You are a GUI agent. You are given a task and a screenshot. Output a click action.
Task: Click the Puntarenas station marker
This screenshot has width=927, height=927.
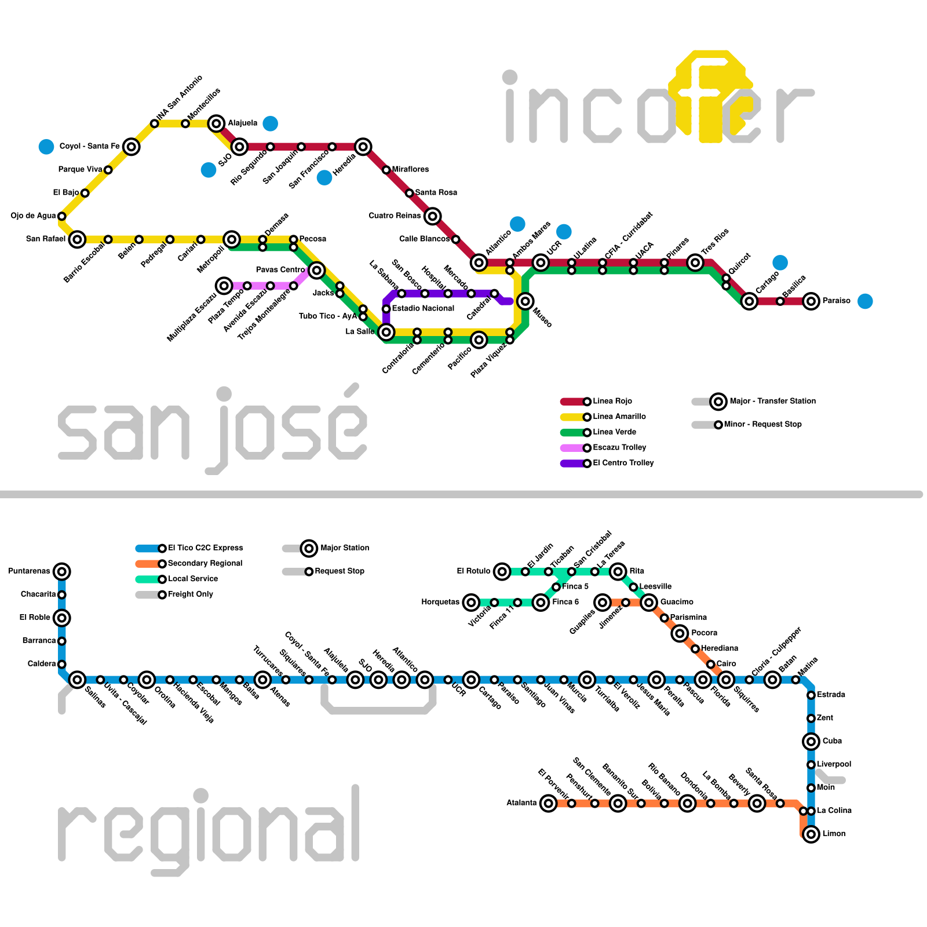[x=62, y=572]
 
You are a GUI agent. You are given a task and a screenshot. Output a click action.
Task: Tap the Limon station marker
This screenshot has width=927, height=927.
[x=811, y=834]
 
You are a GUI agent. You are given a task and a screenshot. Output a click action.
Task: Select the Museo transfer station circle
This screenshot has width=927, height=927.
[x=525, y=301]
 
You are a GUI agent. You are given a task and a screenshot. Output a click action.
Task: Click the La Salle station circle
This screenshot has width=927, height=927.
[x=386, y=332]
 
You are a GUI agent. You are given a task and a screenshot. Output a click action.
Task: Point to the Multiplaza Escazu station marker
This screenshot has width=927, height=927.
[x=224, y=286]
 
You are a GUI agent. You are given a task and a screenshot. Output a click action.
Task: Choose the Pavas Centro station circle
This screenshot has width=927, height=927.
[x=316, y=270]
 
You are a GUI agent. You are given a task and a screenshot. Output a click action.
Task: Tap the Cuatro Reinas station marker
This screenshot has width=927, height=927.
[x=432, y=216]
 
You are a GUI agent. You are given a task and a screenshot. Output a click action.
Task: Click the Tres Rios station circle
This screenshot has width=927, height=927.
[x=695, y=263]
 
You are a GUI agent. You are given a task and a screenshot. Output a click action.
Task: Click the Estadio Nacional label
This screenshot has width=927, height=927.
[x=423, y=309]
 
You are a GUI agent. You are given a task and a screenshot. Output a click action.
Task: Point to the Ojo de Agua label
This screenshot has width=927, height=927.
[x=33, y=216]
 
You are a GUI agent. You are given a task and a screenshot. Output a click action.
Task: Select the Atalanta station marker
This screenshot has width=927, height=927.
[x=548, y=803]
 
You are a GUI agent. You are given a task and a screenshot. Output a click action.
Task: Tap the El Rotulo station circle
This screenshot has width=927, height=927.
[x=502, y=572]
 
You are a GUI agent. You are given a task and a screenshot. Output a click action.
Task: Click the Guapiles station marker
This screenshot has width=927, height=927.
[x=603, y=603]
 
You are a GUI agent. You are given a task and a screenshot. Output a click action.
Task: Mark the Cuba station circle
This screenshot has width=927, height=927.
[x=811, y=742]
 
